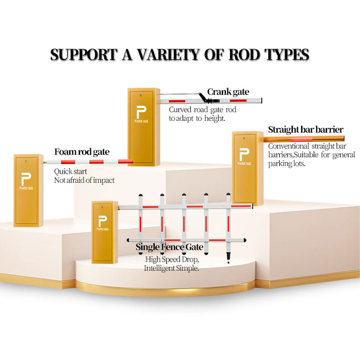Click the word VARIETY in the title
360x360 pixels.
coord(168,55)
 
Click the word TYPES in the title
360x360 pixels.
coord(287,55)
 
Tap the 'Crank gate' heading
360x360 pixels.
coord(228,92)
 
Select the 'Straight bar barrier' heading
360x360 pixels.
coord(306,129)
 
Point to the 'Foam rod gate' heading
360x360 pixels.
coord(82,152)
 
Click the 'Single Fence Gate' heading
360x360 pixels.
coord(169,247)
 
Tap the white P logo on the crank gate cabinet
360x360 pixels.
coord(141,112)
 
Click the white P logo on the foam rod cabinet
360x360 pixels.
coord(26,179)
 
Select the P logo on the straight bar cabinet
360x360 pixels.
coord(244,154)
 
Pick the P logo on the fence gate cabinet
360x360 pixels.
coord(102,221)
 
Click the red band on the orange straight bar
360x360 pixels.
coord(301,139)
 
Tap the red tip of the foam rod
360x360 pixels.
coord(126,161)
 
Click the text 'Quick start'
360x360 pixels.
coord(70,171)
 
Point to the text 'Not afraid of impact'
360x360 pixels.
coord(84,180)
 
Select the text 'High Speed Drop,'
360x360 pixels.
coord(172,259)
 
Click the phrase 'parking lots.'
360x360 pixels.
coord(287,164)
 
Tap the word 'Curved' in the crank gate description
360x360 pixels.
coord(180,109)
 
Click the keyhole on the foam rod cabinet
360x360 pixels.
coord(26,161)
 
